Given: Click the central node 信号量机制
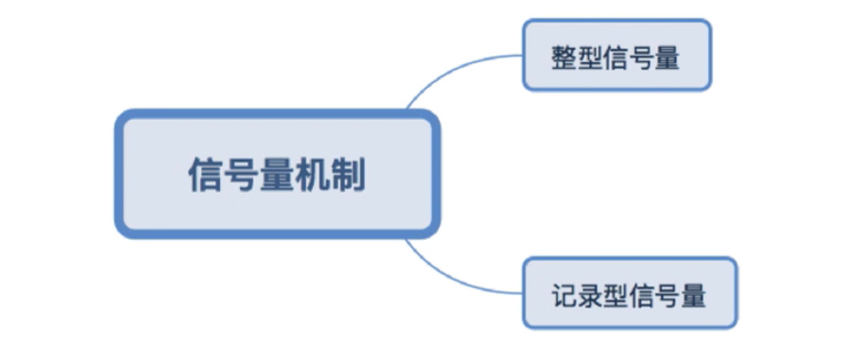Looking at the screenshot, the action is point(277,173).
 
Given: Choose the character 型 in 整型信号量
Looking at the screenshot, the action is point(590,59).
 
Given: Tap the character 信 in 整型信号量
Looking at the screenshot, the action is point(616,59).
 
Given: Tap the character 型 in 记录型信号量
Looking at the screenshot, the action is point(616,296).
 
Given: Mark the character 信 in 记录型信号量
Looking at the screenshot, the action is point(642,296).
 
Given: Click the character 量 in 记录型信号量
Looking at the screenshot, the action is point(694,296).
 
